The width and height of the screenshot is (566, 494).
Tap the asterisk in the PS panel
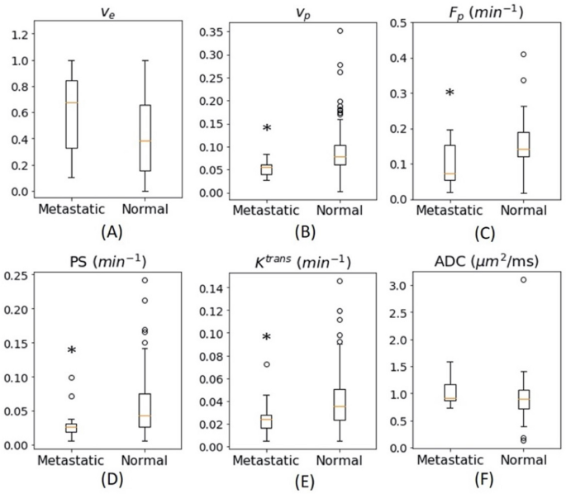pyautogui.click(x=72, y=351)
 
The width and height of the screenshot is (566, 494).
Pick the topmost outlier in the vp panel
pyautogui.click(x=316, y=31)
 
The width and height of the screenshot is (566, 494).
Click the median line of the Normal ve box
pyautogui.click(x=145, y=140)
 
